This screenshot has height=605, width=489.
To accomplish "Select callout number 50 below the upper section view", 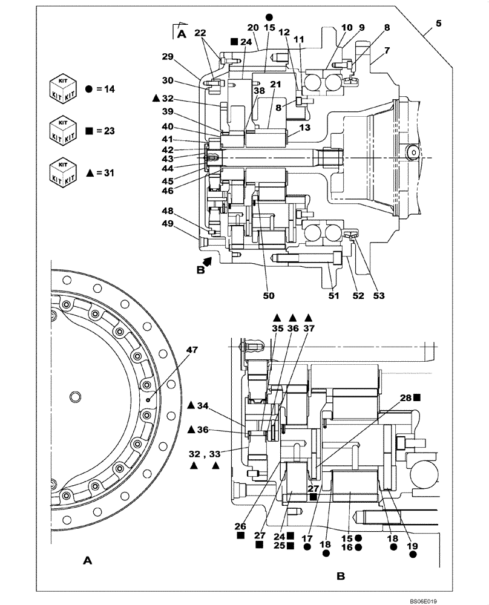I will click(x=269, y=296).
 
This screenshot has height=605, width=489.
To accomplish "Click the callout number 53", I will click(x=379, y=296).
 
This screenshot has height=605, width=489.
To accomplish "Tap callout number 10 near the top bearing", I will click(x=346, y=27).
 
